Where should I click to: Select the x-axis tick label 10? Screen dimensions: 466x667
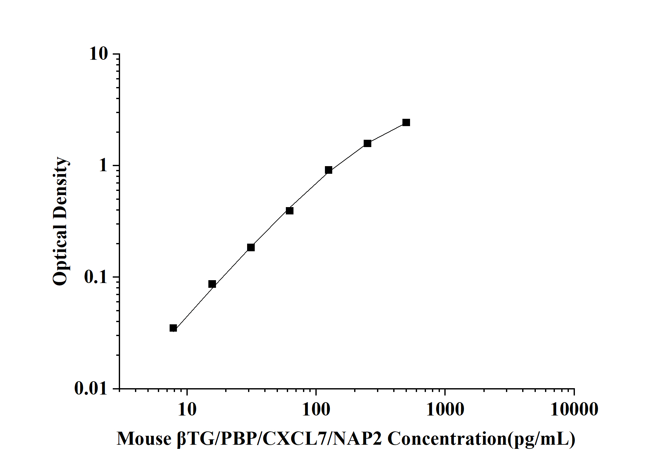(x=187, y=409)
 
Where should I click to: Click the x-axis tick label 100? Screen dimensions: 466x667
(x=316, y=409)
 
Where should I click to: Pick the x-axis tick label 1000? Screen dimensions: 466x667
(x=445, y=409)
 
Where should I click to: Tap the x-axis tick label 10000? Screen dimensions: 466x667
(x=574, y=409)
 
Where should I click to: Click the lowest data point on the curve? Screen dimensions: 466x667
(x=173, y=328)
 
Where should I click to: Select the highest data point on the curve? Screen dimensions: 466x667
(x=406, y=122)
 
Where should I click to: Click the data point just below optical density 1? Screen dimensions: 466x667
(x=328, y=170)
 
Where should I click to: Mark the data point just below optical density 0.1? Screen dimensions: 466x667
(x=212, y=284)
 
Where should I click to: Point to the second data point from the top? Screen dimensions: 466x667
(x=367, y=143)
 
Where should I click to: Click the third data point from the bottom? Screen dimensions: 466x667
(x=251, y=247)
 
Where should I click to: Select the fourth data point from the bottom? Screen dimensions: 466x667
(x=290, y=211)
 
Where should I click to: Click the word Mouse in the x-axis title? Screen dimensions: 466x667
(x=144, y=439)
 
